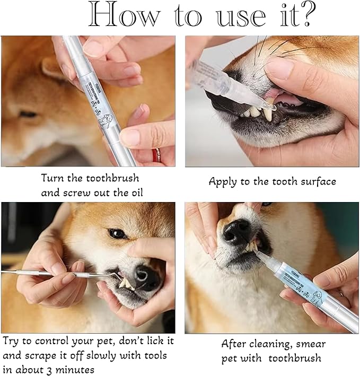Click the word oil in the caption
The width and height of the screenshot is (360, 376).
pyautogui.click(x=131, y=193)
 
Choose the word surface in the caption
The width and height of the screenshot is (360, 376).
pyautogui.click(x=316, y=182)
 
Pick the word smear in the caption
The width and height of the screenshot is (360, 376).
pyautogui.click(x=311, y=344)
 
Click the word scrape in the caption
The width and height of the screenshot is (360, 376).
pyautogui.click(x=47, y=355)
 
